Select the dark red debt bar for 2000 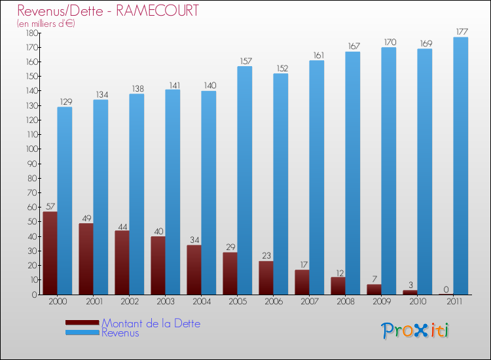point(50,253)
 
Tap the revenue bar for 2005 point(245,180)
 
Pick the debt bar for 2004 point(194,270)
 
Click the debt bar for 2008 point(338,285)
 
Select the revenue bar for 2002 point(137,194)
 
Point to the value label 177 point(462,31)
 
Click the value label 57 point(50,206)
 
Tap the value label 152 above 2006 point(281,68)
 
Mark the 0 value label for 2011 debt point(446,289)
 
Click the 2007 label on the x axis point(310,302)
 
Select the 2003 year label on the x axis point(166,302)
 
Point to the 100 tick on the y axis point(29,149)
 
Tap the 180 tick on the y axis point(29,33)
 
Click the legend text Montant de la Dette point(151,323)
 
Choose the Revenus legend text point(120,333)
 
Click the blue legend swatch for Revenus point(82,333)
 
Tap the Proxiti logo point(416,331)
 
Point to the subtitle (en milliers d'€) point(46,24)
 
